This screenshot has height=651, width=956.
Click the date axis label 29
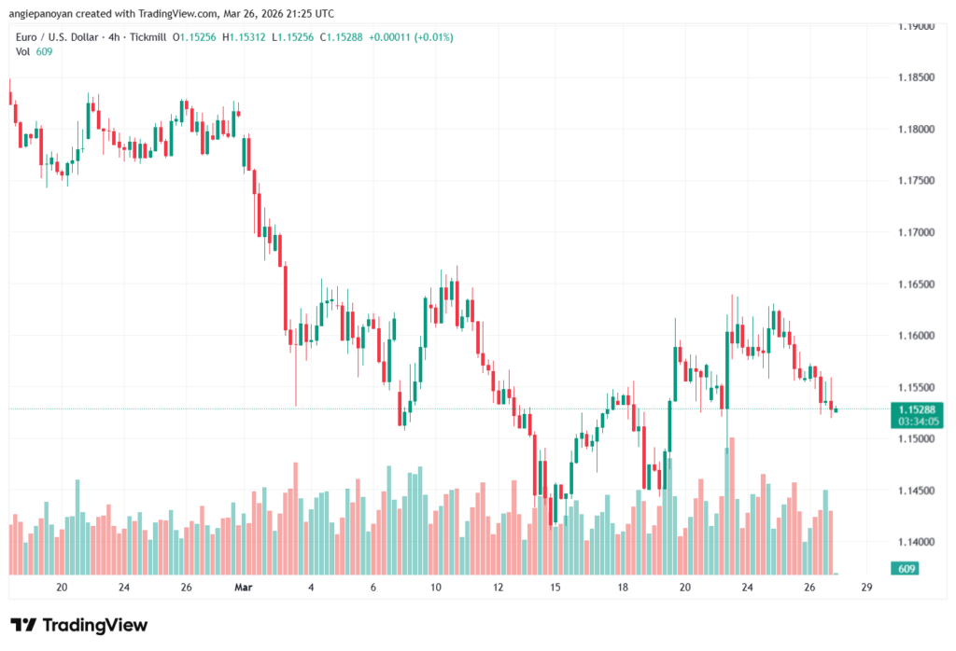coord(866,588)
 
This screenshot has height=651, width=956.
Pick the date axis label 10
coord(436,588)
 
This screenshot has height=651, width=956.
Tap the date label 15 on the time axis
coord(555,588)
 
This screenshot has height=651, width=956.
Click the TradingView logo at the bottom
coord(79,625)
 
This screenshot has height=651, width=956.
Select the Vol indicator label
coord(22,51)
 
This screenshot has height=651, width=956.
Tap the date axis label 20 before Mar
coord(62,588)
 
